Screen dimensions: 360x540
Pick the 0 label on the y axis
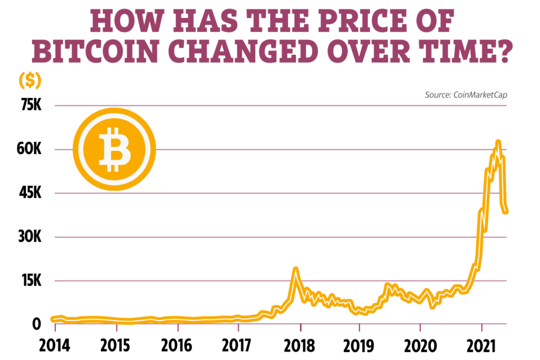pos(35,324)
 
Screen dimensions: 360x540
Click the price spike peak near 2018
pos(296,269)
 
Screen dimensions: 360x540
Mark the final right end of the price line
pos(506,212)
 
